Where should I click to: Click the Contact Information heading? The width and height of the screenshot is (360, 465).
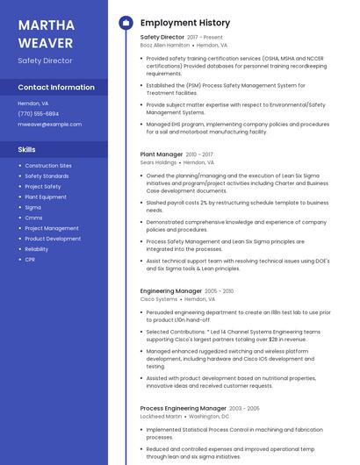tap(56, 88)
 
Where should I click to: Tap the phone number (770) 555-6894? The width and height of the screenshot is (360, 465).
tap(39, 114)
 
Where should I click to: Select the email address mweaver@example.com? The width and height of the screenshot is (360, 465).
tap(49, 125)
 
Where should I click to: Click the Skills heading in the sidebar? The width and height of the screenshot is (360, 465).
tap(27, 149)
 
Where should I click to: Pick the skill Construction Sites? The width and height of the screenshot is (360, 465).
tap(48, 166)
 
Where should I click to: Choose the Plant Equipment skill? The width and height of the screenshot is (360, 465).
tap(46, 197)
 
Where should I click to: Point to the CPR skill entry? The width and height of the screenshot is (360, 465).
tap(30, 260)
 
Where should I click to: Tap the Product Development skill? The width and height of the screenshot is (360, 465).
tap(53, 239)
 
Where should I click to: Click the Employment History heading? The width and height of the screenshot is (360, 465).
tap(185, 23)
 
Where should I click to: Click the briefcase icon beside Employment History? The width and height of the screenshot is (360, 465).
tap(125, 23)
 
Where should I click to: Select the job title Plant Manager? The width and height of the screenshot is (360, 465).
tap(162, 154)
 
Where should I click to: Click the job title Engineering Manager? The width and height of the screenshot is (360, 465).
tap(171, 291)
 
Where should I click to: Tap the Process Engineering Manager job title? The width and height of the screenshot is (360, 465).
tap(183, 409)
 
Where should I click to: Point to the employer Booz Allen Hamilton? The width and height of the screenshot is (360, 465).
tap(166, 45)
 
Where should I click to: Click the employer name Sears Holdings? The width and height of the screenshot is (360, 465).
tap(158, 162)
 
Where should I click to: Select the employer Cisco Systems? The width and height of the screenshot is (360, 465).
tap(159, 299)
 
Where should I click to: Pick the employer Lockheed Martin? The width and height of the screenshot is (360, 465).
tap(161, 417)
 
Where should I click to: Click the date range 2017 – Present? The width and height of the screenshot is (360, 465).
tap(205, 38)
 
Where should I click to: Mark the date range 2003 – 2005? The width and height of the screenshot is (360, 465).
tap(244, 409)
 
